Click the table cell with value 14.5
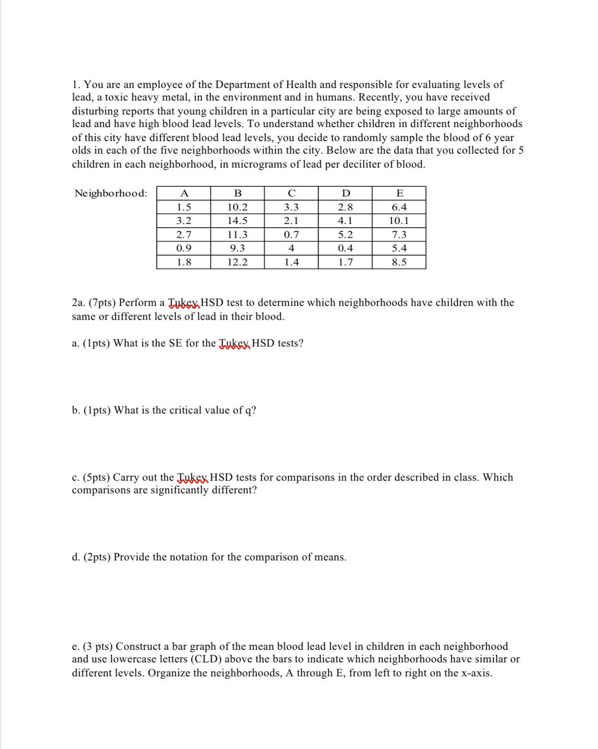coord(238,221)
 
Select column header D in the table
coord(345,193)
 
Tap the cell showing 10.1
coord(399,221)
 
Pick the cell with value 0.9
coord(183,248)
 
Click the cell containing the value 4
coord(291,248)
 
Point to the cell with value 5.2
coord(345,235)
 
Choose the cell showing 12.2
coord(238,262)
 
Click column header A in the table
coord(183,193)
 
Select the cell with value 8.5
coord(399,262)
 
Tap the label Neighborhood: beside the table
coord(111,193)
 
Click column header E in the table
coord(399,193)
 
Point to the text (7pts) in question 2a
coord(102,303)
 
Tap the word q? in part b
coord(251,411)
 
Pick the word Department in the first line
coord(242,85)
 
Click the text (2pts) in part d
coord(97,557)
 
